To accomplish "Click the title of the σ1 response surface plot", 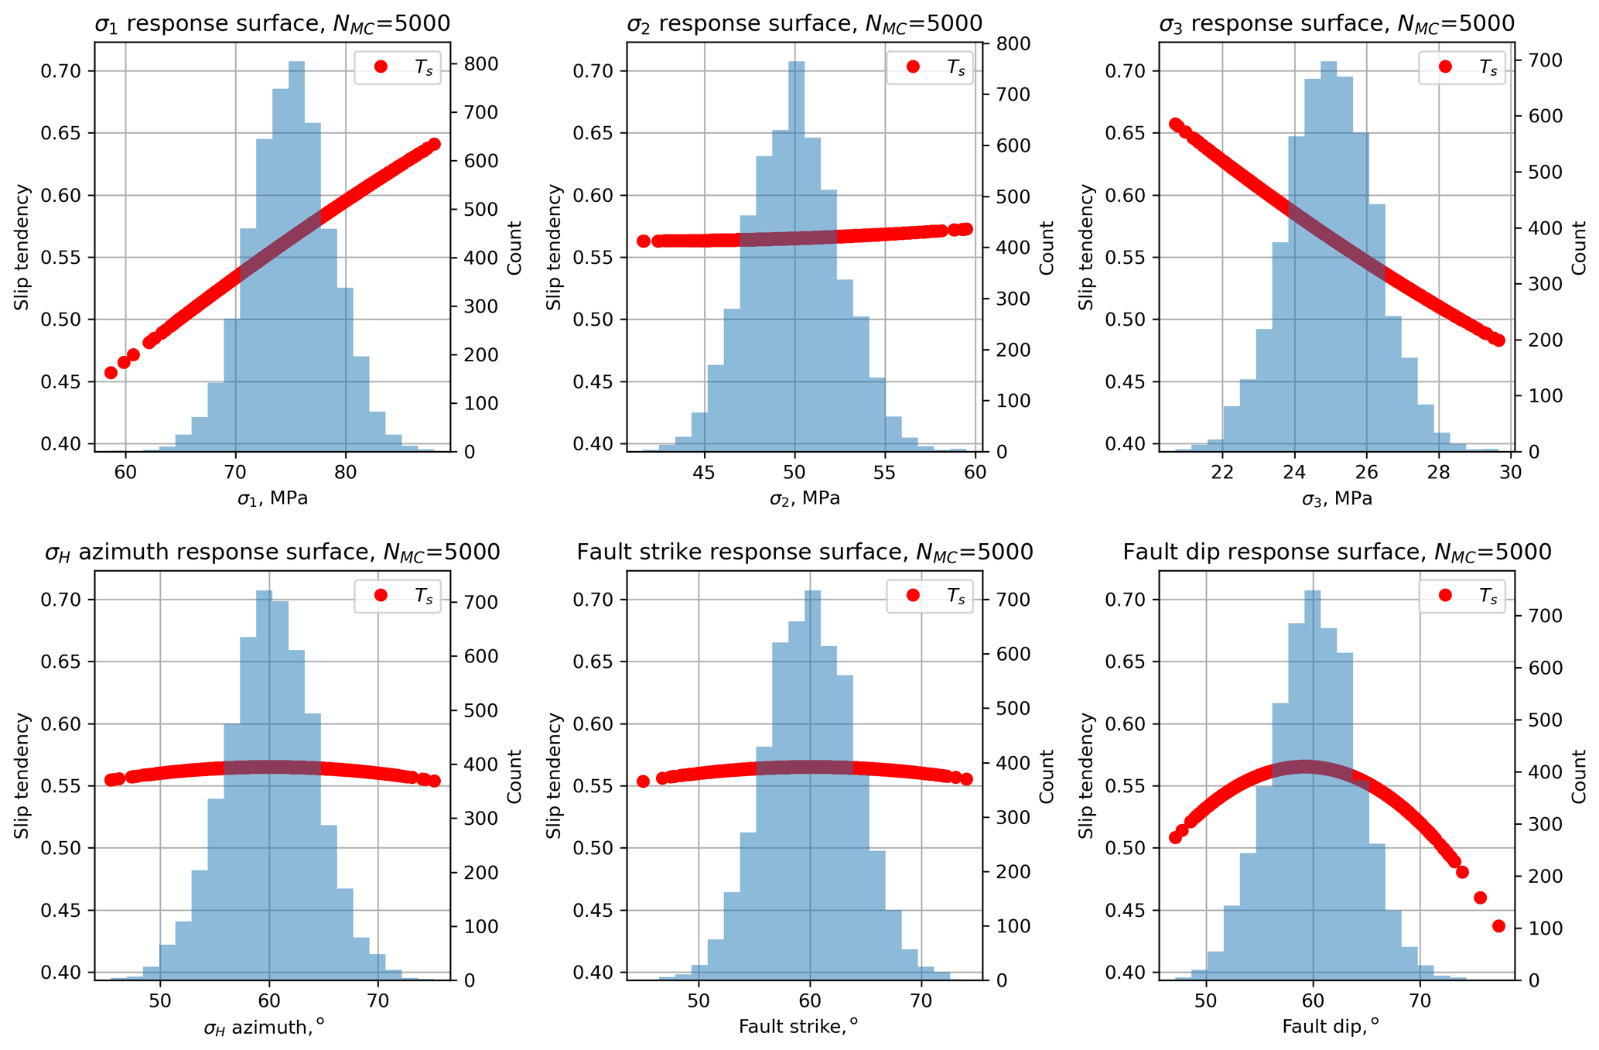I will (x=272, y=24).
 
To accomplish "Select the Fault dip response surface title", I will (x=1337, y=552).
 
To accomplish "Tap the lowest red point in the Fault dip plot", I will (x=1498, y=926).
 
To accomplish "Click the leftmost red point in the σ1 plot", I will (x=111, y=373).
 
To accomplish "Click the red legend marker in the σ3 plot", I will (x=1445, y=67).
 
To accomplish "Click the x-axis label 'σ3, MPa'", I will (x=1337, y=499).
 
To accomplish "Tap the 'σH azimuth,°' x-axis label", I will (x=265, y=1028).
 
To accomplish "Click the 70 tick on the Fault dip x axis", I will (x=1420, y=1001).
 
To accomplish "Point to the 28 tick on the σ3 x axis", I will (x=1438, y=473).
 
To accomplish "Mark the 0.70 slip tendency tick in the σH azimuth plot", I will (x=66, y=600).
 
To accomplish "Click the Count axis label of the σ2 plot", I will (x=1047, y=248).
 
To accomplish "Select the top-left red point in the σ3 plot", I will (x=1175, y=125).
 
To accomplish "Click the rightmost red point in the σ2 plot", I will (x=965, y=229).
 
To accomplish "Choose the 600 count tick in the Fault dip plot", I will (x=1539, y=669).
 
